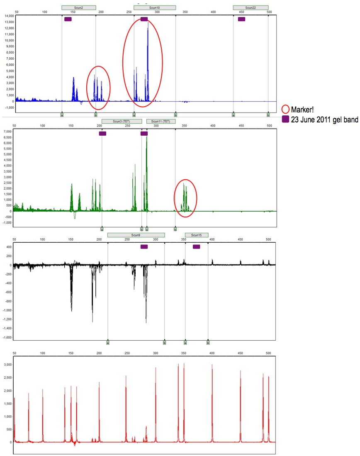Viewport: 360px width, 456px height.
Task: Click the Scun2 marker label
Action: point(79,7)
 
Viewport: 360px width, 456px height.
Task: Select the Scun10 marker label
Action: point(155,7)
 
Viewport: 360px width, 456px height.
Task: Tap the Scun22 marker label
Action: point(251,7)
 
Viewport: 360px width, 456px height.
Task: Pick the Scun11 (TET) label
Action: point(161,121)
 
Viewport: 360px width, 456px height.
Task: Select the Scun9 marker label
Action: point(136,235)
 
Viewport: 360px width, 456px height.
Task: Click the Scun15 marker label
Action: point(197,235)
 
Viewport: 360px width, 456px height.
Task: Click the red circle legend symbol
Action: point(285,110)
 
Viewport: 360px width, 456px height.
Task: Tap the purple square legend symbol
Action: point(285,119)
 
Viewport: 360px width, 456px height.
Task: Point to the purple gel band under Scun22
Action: point(241,19)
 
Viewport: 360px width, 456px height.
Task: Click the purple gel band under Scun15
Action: point(197,247)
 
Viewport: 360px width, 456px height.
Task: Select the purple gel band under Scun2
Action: point(68,19)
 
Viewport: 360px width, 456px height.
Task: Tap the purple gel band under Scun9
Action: point(144,247)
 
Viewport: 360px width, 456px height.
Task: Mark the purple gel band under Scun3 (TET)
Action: point(102,134)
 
